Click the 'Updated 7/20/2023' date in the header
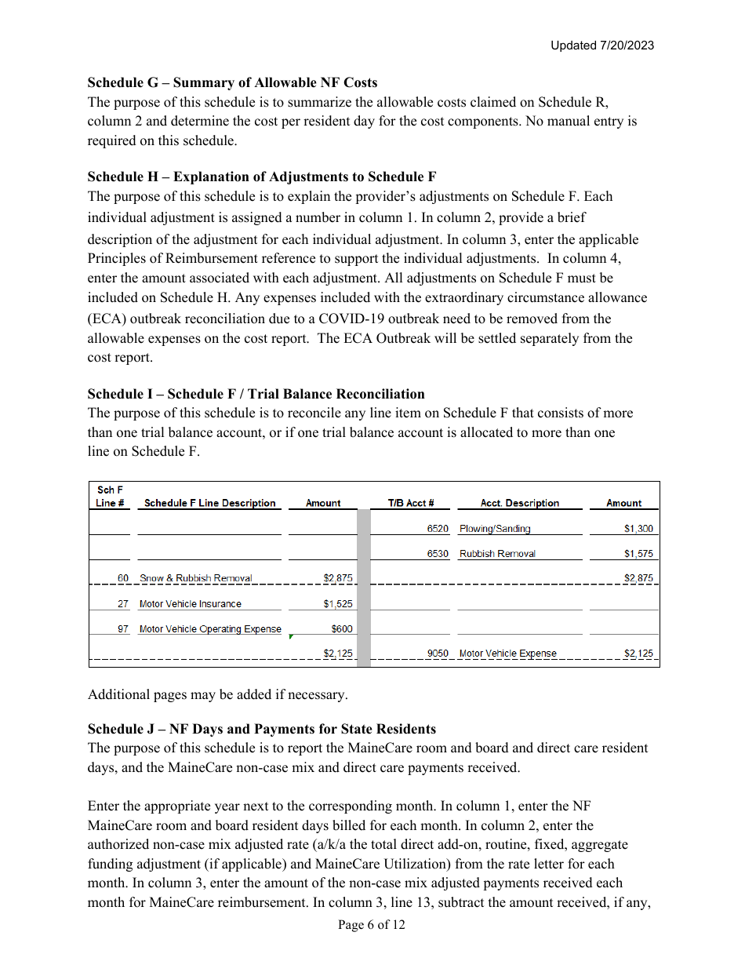(601, 46)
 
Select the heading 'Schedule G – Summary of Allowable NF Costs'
(232, 82)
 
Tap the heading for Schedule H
(262, 177)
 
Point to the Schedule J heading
(261, 729)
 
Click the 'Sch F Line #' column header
(110, 497)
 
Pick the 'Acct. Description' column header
(519, 503)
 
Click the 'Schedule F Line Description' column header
(209, 503)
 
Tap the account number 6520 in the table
(438, 529)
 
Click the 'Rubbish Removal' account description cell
(497, 554)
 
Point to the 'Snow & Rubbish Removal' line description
(196, 578)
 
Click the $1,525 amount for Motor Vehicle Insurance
(338, 604)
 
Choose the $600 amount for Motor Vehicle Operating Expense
(342, 629)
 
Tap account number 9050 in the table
(438, 654)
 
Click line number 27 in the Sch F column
(123, 604)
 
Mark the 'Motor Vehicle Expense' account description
(507, 654)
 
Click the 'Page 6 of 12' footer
(372, 925)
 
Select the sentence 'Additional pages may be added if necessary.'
(217, 694)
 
